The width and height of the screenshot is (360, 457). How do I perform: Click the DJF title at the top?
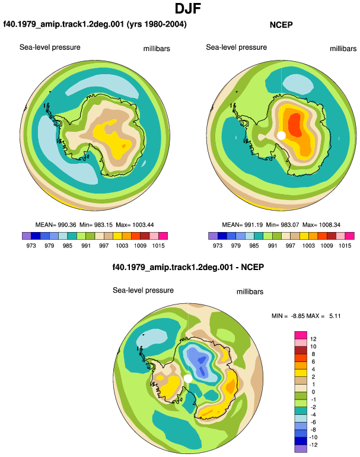point(188,9)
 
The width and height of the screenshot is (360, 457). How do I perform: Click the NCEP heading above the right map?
point(281,25)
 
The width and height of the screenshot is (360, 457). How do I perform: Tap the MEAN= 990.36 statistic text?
point(56,225)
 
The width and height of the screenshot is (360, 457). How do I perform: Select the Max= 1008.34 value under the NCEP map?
point(321,225)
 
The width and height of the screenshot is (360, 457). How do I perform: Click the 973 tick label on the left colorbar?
point(31,245)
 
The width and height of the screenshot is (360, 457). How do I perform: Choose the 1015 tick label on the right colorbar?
point(345,245)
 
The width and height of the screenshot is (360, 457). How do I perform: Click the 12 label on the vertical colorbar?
point(313,339)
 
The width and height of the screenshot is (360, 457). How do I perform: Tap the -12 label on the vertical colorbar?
point(313,445)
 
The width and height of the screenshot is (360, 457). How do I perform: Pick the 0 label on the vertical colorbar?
point(313,392)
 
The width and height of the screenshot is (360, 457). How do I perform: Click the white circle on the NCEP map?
point(281,135)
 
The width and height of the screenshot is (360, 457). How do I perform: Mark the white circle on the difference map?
point(188,379)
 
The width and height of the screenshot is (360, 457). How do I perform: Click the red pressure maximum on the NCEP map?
point(295,125)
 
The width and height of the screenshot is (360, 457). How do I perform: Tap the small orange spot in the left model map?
point(123,146)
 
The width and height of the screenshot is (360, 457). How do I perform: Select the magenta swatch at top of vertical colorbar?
point(301,335)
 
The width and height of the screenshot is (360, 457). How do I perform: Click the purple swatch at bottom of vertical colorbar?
point(301,449)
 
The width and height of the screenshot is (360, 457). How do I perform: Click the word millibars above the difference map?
point(250,292)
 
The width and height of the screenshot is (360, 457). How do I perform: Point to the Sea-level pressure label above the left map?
point(50,47)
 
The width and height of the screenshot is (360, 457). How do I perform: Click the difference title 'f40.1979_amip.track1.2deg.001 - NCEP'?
point(188,267)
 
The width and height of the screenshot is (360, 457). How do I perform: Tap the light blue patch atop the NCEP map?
point(298,84)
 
